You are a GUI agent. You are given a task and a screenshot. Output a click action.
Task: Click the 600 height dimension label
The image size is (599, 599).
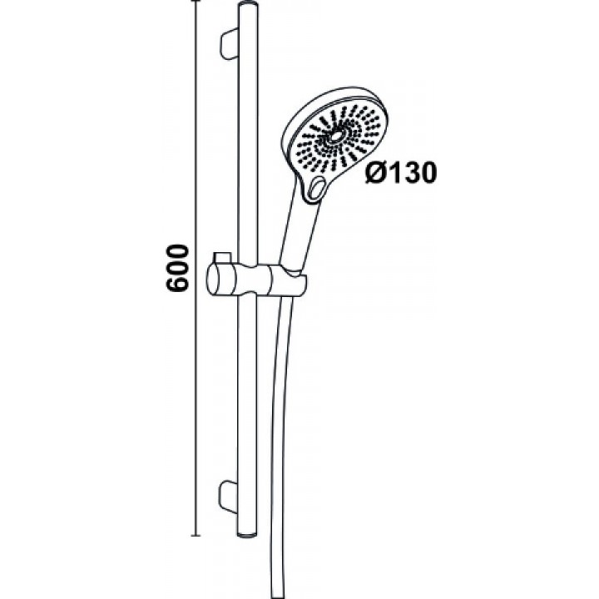click(178, 268)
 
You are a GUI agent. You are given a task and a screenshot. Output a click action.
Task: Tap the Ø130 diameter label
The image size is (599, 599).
click(401, 174)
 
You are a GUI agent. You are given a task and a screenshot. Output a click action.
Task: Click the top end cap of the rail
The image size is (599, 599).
click(248, 6)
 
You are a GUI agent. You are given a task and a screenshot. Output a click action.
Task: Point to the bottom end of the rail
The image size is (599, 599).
click(248, 534)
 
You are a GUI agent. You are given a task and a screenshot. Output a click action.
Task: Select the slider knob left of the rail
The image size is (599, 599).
click(223, 278)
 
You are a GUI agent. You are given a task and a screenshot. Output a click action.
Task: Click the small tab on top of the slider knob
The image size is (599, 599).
click(222, 257)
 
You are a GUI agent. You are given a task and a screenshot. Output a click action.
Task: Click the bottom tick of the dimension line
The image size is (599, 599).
click(196, 536)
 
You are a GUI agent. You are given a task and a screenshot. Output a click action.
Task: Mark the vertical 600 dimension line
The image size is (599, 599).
click(196, 268)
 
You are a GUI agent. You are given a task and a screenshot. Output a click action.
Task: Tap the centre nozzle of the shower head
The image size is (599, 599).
click(338, 135)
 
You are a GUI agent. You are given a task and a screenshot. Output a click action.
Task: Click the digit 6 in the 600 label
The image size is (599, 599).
click(178, 285)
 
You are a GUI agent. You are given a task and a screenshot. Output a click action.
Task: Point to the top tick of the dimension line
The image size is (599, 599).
click(196, 1)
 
